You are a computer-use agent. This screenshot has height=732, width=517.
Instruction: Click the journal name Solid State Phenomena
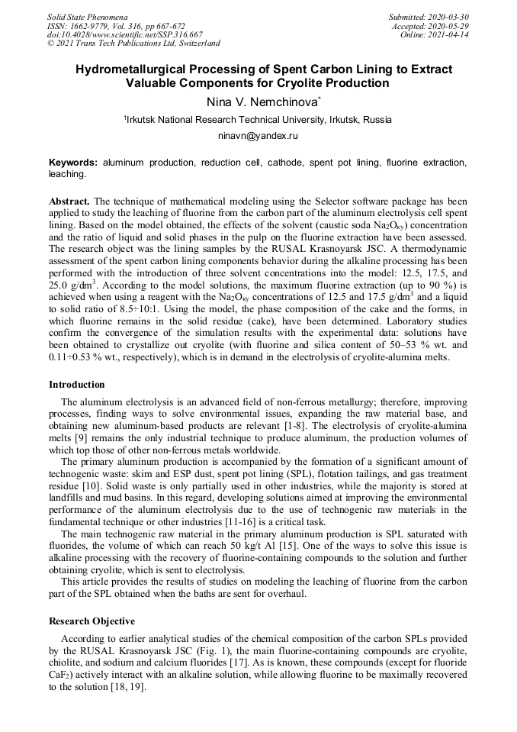click(x=87, y=16)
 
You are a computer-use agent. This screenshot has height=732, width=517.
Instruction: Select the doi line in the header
click(x=125, y=34)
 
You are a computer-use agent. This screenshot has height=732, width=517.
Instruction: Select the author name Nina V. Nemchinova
click(x=257, y=102)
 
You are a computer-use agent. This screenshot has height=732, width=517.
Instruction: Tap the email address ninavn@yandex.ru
click(x=258, y=136)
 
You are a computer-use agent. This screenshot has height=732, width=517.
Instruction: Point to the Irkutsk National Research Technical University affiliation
click(x=258, y=120)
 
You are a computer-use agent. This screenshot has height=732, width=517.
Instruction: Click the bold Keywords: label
click(x=73, y=163)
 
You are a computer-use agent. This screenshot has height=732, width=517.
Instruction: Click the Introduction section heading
click(x=77, y=384)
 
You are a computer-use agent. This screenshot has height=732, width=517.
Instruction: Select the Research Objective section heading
click(x=92, y=621)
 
